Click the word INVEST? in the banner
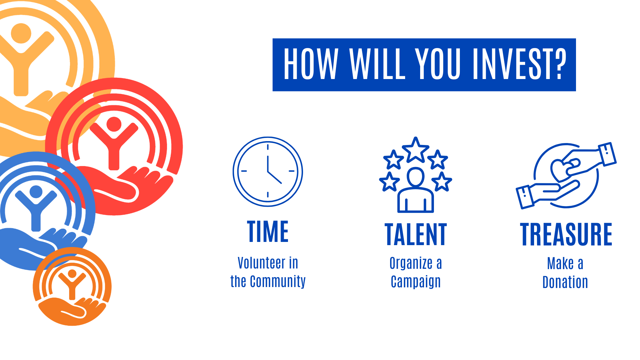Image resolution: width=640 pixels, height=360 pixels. pos(519,64)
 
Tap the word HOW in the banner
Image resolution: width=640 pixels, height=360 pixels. pos(311,64)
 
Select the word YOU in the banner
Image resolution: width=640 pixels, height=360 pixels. pos(438,64)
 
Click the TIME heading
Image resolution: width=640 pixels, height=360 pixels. pos(268,231)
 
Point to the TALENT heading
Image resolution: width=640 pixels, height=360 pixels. pos(416,235)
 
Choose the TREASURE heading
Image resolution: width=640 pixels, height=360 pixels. pos(566,235)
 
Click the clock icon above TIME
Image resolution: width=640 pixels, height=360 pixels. pos(268,172)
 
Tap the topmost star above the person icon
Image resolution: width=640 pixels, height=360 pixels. pos(415,149)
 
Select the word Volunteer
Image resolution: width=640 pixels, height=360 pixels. pos(262,263)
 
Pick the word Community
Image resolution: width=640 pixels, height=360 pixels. pos(278,282)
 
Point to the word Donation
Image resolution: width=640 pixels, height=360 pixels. pos(565,282)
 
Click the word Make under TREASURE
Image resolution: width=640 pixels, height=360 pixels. pos(560,263)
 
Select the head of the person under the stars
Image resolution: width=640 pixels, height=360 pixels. pos(416,177)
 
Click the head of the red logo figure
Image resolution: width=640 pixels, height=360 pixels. pos(114,124)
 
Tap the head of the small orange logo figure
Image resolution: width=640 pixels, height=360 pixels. pos(72,274)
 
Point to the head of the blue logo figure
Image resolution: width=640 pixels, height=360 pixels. pos(36,192)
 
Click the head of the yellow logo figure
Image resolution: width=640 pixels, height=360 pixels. pos(21,33)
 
